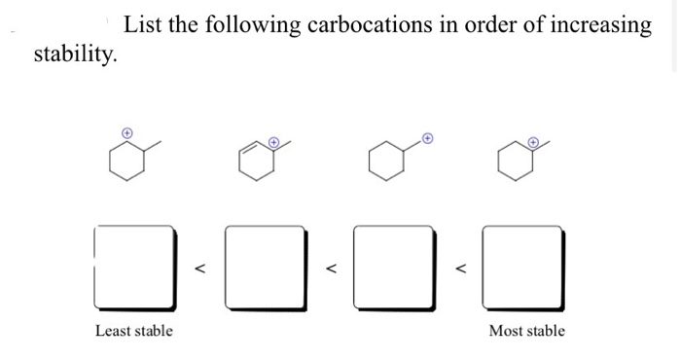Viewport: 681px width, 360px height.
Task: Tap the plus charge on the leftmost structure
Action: coord(125,130)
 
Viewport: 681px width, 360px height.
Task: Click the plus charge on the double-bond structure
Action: coord(273,142)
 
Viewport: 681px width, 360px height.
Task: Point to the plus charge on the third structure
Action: coord(425,137)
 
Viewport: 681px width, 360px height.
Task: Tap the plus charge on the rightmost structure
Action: coord(533,142)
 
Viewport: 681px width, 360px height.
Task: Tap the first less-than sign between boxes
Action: coord(200,264)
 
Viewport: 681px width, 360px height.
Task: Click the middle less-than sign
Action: coord(331,264)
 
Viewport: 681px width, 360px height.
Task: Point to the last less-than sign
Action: coord(460,264)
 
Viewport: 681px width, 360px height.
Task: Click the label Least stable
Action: coord(134,331)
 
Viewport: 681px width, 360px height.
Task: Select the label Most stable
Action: coord(526,331)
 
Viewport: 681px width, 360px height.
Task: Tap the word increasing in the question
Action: coord(597,25)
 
